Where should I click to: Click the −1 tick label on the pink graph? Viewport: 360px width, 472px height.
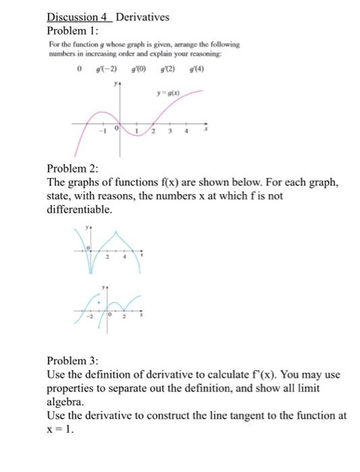(x=103, y=131)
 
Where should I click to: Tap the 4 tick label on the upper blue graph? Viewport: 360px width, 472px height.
(x=125, y=257)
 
